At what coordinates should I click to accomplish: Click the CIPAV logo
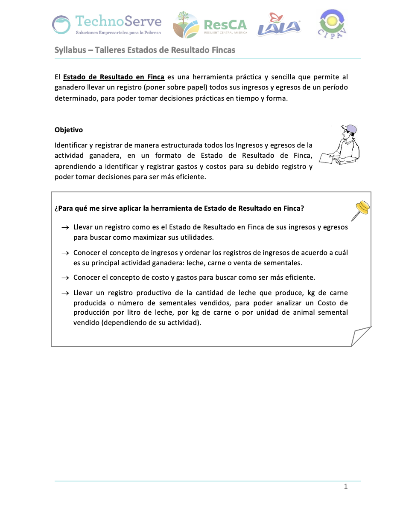333,24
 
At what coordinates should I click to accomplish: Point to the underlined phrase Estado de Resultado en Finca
114,77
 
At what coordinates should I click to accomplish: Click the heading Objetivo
69,130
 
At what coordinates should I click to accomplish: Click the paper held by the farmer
327,159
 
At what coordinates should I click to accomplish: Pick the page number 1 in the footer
346,487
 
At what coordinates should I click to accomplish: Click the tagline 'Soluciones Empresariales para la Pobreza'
118,33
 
